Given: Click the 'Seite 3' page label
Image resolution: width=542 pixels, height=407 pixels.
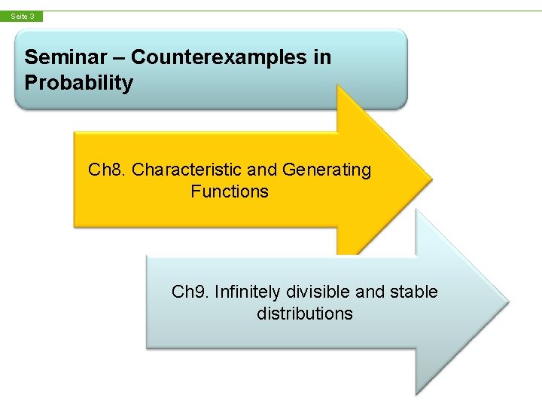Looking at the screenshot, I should coord(22,16).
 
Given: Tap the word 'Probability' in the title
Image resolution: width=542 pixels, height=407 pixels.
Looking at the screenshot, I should coord(78,83).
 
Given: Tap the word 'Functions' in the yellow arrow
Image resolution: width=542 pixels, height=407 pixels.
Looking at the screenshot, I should coord(230,191).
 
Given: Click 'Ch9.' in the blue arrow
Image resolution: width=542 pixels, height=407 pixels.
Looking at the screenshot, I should coord(190,292).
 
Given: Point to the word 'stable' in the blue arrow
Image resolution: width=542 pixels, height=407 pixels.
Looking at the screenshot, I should coord(413,292).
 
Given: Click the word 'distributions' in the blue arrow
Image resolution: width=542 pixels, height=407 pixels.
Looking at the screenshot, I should coord(304,314).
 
